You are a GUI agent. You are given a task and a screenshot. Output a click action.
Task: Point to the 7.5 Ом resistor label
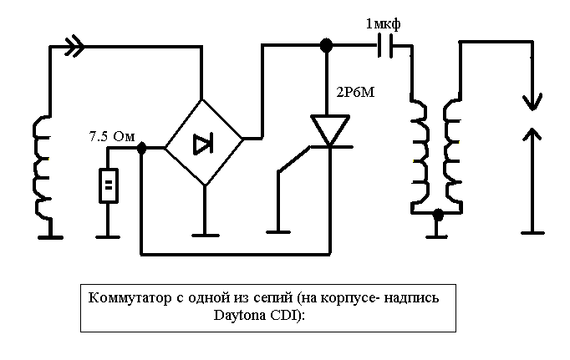click(111, 136)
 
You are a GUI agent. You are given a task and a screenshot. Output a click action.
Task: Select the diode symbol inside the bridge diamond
click(203, 144)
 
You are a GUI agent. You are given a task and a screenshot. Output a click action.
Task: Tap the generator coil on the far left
click(40, 167)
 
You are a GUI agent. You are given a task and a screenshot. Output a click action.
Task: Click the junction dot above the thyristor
click(327, 45)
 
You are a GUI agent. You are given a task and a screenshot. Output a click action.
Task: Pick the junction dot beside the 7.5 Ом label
click(141, 148)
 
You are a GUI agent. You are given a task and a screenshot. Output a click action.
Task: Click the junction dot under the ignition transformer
click(436, 216)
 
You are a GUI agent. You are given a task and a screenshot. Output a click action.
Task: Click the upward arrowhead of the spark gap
click(532, 134)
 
